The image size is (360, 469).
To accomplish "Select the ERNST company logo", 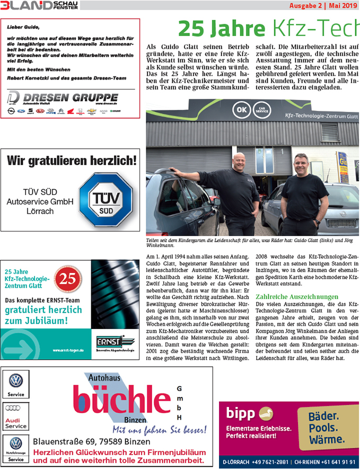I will coord(112,344).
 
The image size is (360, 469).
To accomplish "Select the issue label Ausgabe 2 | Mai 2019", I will coord(323,6).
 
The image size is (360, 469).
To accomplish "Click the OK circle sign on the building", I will coord(242,111).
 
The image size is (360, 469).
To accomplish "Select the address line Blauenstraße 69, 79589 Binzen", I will coord(91,441).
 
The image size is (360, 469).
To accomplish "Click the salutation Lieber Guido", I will coord(24,26).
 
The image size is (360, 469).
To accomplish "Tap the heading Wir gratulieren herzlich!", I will coord(72,160).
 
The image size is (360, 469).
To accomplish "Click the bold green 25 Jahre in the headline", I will coord(222,28).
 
